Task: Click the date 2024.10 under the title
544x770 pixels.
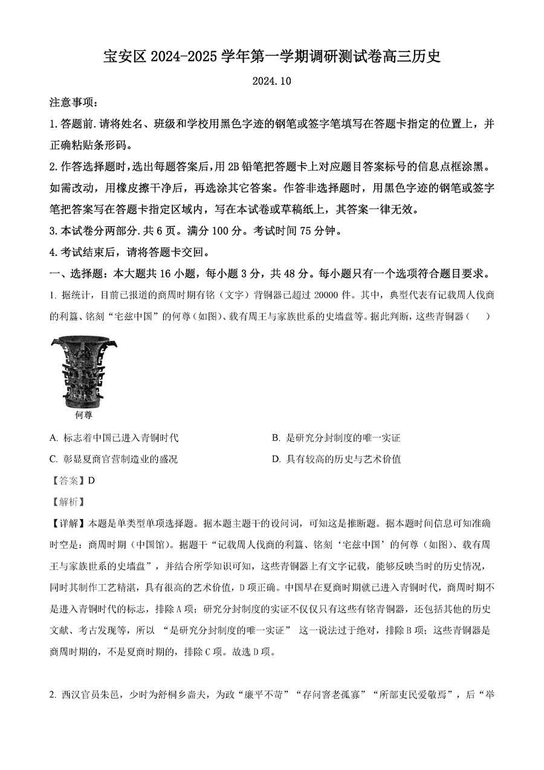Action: pos(271,81)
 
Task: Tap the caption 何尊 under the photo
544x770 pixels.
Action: pos(83,416)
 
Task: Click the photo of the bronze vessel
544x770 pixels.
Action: pos(83,372)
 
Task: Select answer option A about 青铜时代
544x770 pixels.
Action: pos(115,437)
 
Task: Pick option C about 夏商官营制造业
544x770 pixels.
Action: pos(114,459)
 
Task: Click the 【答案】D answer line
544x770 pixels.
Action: pos(73,480)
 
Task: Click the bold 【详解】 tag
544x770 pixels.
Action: pos(70,523)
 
